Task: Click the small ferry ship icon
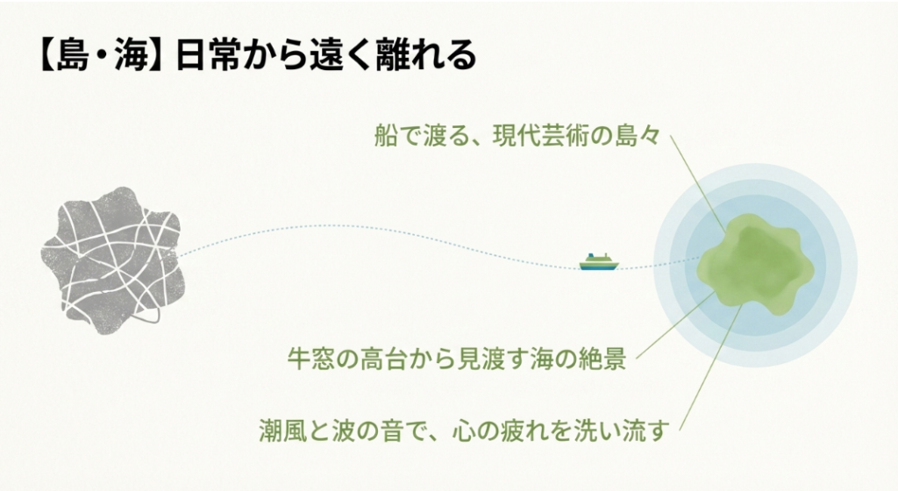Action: [598, 261]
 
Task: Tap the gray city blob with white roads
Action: [110, 260]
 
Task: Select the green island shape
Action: [756, 262]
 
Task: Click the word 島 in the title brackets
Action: [74, 56]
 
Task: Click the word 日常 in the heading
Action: [210, 56]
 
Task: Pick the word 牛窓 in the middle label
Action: [310, 359]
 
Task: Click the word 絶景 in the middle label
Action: [602, 359]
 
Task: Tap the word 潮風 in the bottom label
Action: [282, 431]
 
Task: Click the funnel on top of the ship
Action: [590, 254]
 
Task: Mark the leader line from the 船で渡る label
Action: [698, 184]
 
